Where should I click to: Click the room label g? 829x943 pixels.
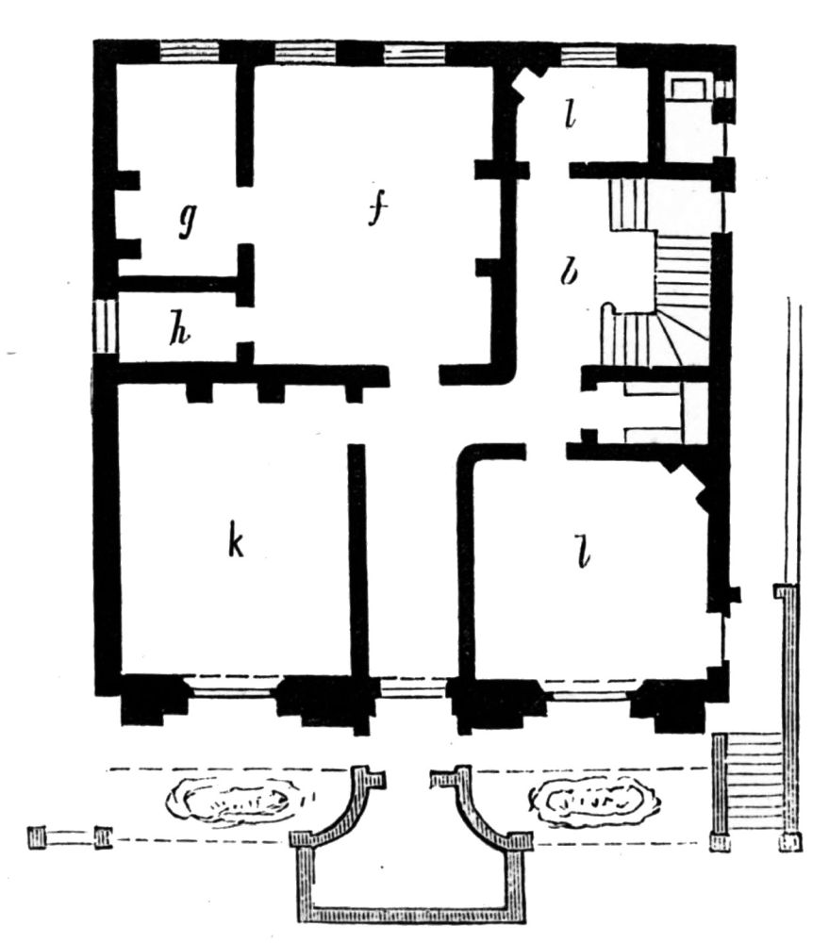[x=188, y=220]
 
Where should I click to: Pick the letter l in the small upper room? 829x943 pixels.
[x=570, y=114]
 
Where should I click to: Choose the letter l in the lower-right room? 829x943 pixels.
[x=582, y=554]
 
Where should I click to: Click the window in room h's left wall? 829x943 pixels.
[x=106, y=327]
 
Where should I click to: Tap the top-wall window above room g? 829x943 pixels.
[x=190, y=52]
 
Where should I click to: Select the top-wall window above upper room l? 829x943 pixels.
[x=589, y=56]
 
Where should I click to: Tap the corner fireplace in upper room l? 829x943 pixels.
[x=526, y=84]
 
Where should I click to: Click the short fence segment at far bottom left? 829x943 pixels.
[x=71, y=837]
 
